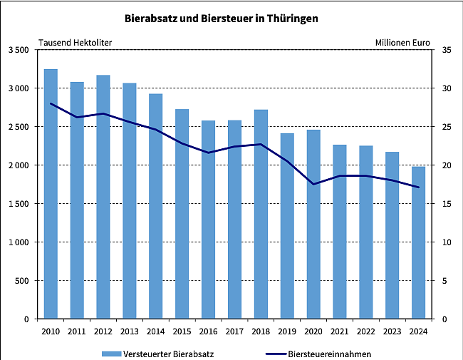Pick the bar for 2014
click(x=155, y=206)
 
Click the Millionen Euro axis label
click(x=402, y=42)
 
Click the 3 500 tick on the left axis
click(x=19, y=50)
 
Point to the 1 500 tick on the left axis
click(x=19, y=204)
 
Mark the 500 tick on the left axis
click(x=22, y=281)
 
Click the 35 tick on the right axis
click(x=446, y=50)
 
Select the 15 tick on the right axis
click(x=446, y=204)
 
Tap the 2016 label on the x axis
click(x=208, y=330)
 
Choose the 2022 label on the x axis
click(x=366, y=330)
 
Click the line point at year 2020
click(x=313, y=184)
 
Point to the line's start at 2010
click(x=51, y=103)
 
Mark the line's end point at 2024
click(x=419, y=187)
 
